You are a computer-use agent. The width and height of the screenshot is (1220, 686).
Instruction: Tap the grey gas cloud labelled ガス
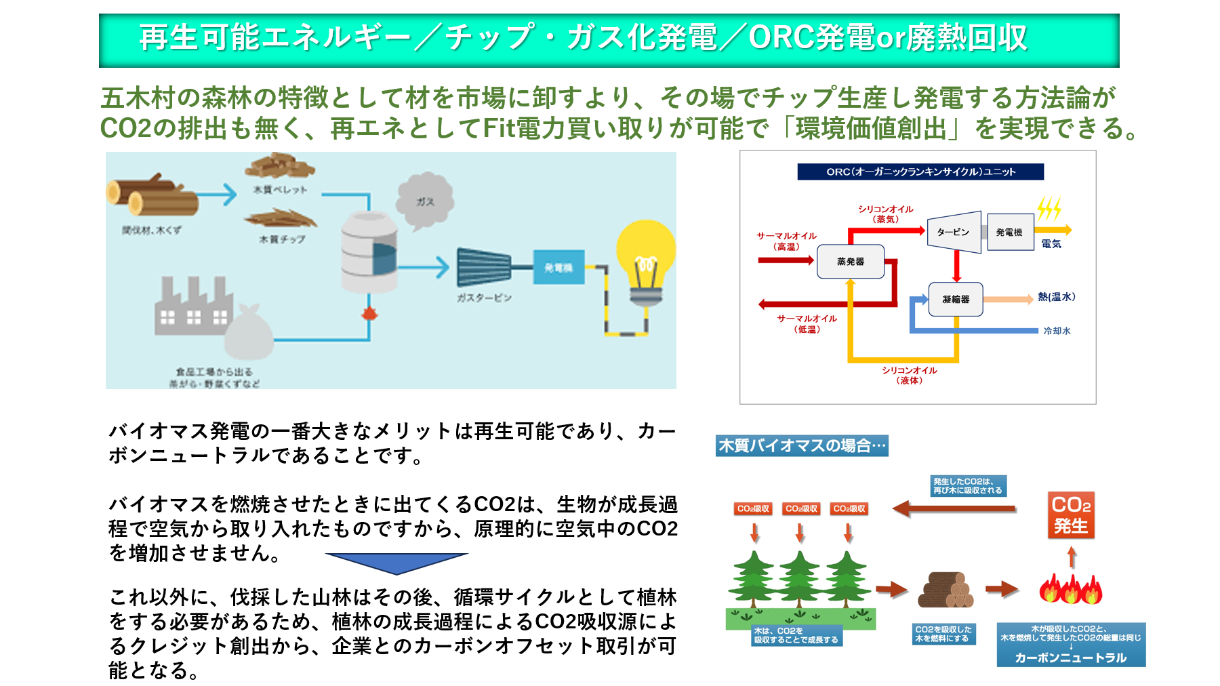coord(424,200)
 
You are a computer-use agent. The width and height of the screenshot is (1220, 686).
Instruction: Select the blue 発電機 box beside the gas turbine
coord(558,268)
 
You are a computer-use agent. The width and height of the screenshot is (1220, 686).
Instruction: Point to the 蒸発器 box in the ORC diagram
coord(851,262)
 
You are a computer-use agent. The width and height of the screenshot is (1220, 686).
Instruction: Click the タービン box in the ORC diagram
coord(954,232)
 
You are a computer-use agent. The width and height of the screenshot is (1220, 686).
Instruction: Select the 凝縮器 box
coord(956,299)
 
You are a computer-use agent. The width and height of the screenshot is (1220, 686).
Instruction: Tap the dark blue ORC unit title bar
coord(920,171)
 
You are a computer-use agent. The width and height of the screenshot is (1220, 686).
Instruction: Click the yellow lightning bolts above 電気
coord(1049,208)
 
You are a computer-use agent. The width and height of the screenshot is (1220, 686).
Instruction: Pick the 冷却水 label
coord(1057,331)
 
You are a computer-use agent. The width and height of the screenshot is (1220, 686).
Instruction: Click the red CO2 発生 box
coord(1071,515)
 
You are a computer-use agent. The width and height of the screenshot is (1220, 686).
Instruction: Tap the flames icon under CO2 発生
coord(1071,589)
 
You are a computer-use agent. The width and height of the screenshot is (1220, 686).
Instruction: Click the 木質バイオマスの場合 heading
coord(802,445)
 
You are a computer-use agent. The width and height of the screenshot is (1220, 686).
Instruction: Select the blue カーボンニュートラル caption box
coord(1071,645)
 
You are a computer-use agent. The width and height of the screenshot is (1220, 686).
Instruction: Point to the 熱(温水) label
coord(1056,297)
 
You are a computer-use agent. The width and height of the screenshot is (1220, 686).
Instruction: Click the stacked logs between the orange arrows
coord(946,590)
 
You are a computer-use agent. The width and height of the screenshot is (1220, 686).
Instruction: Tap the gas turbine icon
coord(484,267)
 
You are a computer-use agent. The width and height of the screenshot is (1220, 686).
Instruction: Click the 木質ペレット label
coord(280,190)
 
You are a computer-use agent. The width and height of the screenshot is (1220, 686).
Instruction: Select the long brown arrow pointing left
coord(954,508)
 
